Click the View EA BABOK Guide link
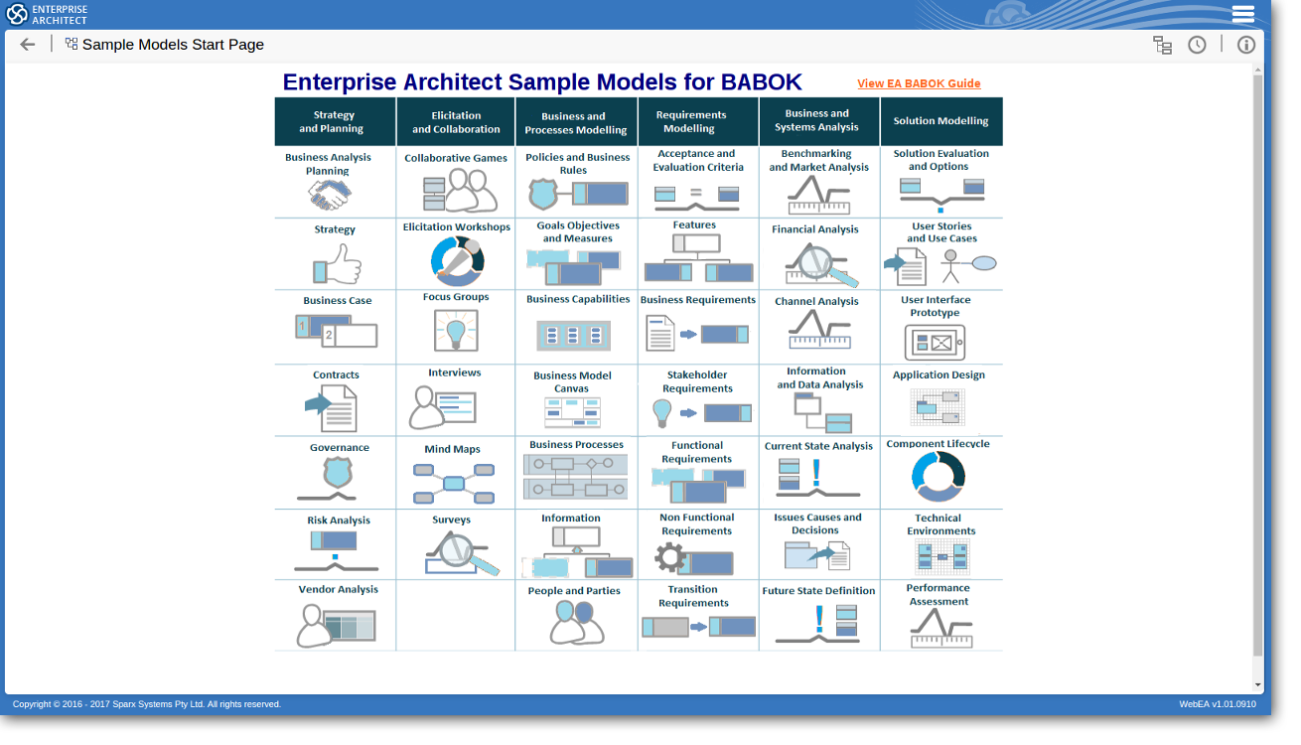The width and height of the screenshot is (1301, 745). [x=919, y=83]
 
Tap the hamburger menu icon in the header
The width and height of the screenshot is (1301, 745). [x=1243, y=14]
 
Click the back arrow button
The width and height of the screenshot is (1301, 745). [x=28, y=45]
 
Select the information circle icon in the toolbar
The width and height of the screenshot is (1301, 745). [x=1245, y=45]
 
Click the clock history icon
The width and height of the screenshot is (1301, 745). [x=1197, y=45]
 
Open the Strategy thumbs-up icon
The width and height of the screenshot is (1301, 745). [x=338, y=265]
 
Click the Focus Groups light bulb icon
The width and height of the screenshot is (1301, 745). [x=456, y=329]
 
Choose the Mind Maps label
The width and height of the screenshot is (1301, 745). [x=453, y=449]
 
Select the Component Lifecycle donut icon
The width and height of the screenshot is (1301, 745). [x=938, y=476]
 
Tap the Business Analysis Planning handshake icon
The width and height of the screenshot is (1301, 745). [x=329, y=196]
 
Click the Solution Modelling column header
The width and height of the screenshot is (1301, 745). [x=940, y=121]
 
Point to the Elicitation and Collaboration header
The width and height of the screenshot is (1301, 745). [x=456, y=122]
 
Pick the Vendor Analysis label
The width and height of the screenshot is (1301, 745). [x=338, y=589]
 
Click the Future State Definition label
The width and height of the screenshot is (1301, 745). [x=818, y=590]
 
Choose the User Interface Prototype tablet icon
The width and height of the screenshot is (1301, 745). [x=935, y=343]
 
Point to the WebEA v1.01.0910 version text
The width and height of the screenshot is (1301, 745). [x=1217, y=704]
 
